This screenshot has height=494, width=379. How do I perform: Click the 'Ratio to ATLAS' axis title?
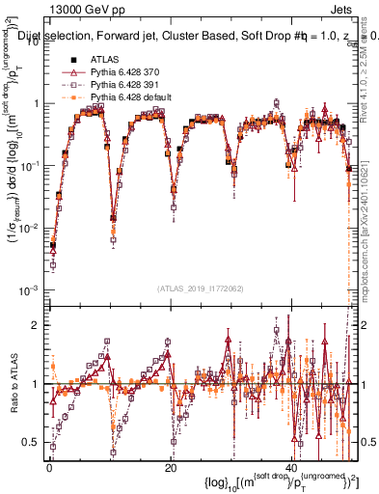click(12, 384)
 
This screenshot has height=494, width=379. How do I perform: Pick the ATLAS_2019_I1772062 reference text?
click(200, 288)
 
